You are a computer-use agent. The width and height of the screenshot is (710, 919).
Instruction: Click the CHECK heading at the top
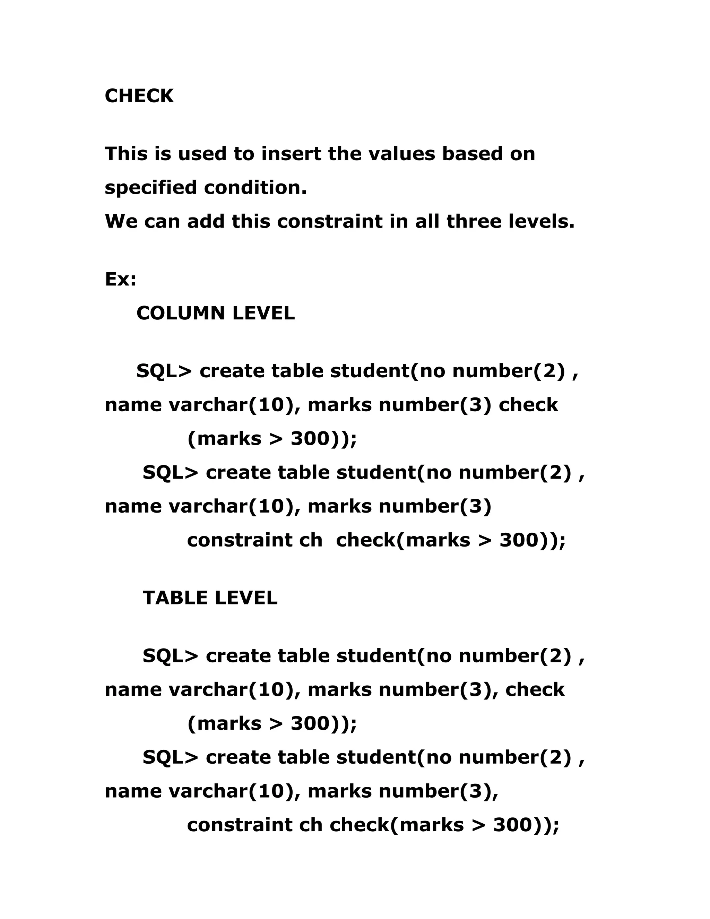point(139,96)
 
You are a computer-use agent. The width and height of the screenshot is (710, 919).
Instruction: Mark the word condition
point(255,188)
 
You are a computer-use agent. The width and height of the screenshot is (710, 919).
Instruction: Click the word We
point(121,222)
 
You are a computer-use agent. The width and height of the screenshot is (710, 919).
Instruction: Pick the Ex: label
point(120,279)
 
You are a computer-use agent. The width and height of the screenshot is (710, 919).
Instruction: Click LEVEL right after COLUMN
point(263,314)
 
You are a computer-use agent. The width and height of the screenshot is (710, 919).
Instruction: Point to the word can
point(162,222)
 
